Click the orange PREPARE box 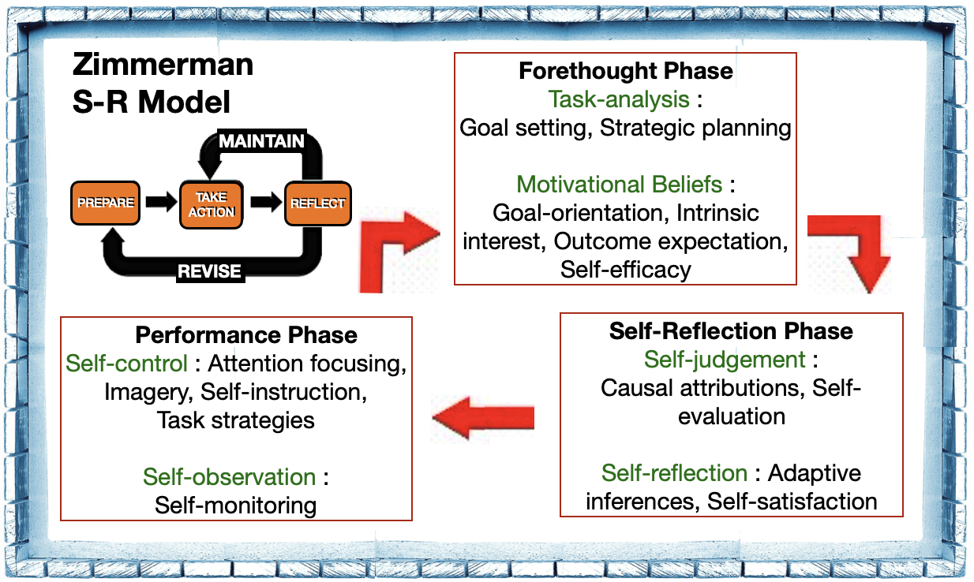106,203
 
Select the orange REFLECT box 317,203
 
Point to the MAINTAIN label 261,141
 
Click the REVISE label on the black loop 210,271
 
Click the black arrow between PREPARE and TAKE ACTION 160,203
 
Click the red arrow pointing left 483,418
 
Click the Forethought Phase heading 625,71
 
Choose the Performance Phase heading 246,334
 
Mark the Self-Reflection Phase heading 731,330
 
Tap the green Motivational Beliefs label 619,185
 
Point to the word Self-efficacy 625,270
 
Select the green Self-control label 126,364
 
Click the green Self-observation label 229,476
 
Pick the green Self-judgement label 725,360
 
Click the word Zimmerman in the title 163,64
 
